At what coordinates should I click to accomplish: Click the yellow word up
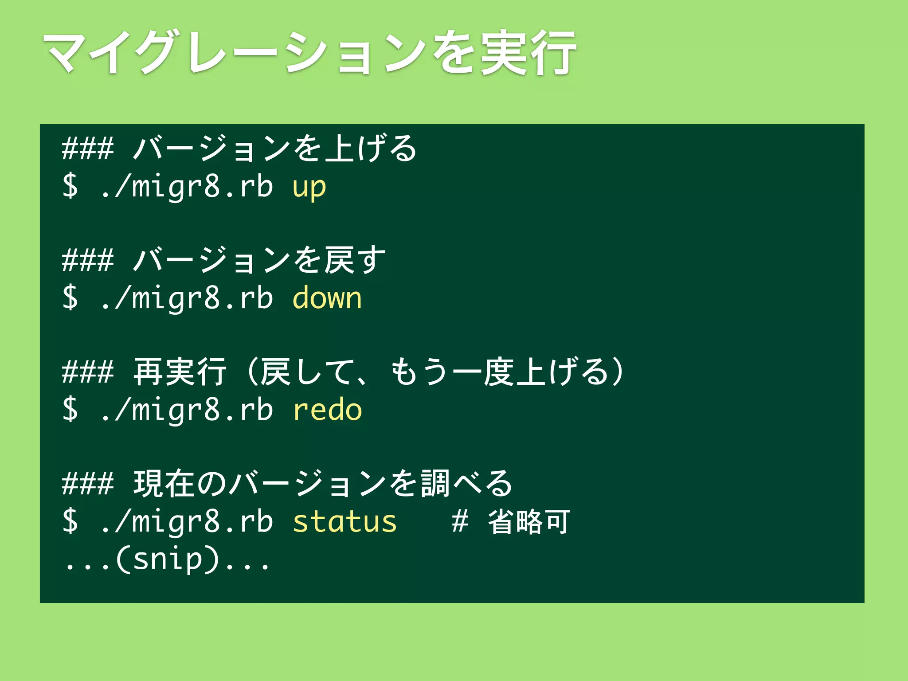click(x=309, y=188)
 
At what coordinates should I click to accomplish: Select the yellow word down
click(x=327, y=298)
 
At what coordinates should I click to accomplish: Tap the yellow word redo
click(x=327, y=410)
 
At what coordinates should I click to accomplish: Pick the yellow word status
click(x=344, y=522)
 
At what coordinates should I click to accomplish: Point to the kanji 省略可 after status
click(x=528, y=522)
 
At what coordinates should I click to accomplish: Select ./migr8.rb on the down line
click(x=186, y=298)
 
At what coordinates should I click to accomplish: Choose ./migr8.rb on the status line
click(x=186, y=522)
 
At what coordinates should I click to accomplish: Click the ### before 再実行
click(x=88, y=372)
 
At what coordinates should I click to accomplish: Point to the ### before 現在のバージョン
click(x=88, y=483)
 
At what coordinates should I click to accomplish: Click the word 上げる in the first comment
click(x=370, y=148)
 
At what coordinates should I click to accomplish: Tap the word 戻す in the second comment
click(x=355, y=260)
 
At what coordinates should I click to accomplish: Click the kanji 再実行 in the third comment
click(x=180, y=372)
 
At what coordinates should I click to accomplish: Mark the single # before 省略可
click(x=460, y=522)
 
